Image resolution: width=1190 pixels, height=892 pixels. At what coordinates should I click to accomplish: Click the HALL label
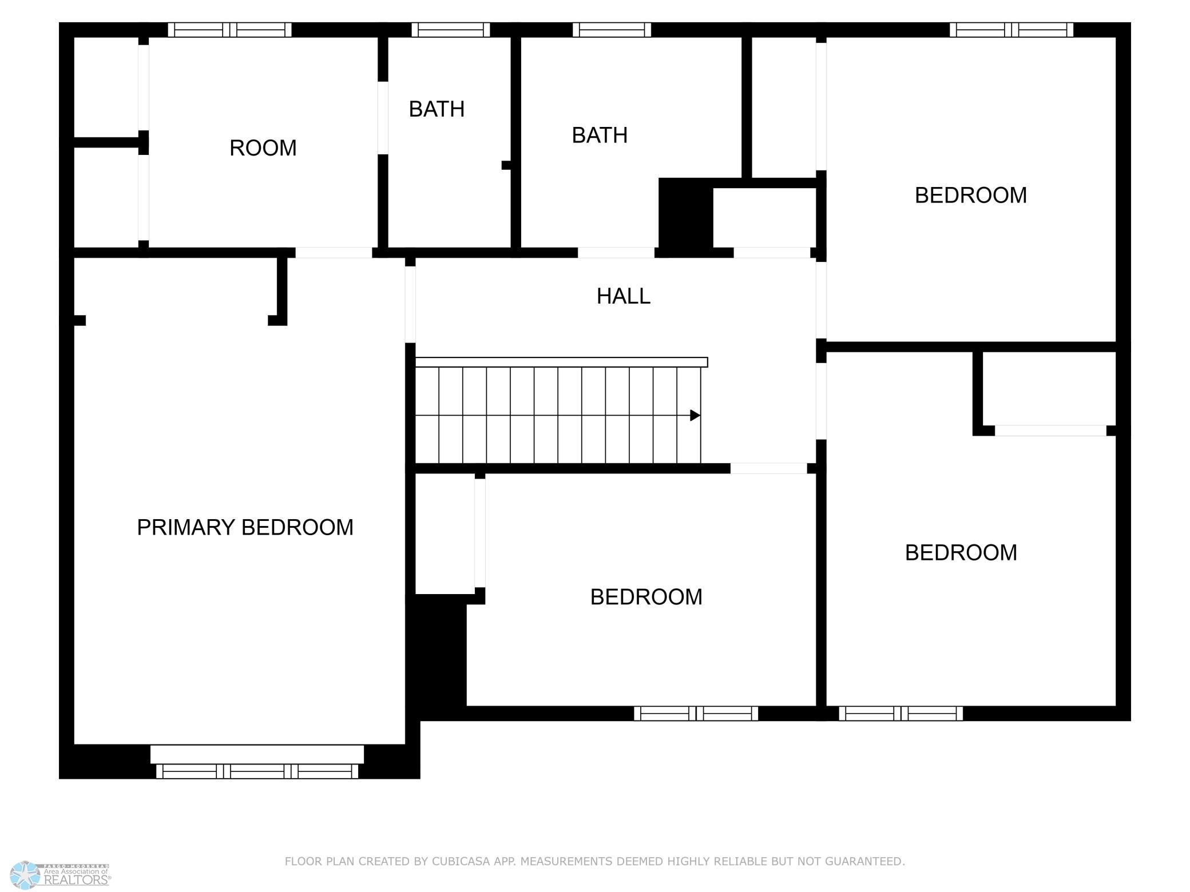click(x=623, y=296)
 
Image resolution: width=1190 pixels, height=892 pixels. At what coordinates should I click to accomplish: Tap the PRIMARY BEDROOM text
click(x=245, y=527)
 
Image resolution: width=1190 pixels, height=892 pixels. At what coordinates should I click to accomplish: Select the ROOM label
click(x=263, y=148)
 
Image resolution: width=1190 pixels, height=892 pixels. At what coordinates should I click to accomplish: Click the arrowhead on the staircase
click(x=695, y=415)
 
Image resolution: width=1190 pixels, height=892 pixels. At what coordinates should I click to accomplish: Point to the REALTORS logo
click(x=62, y=874)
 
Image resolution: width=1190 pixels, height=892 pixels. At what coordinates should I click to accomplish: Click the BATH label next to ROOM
click(x=437, y=109)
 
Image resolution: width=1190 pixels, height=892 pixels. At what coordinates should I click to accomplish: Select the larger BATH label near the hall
click(x=600, y=136)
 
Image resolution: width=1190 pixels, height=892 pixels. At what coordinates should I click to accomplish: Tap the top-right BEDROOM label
click(x=970, y=196)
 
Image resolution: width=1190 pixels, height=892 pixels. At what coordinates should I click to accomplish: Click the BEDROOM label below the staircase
click(x=646, y=597)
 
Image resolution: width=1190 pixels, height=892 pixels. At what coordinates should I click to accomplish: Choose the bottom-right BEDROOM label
click(x=961, y=552)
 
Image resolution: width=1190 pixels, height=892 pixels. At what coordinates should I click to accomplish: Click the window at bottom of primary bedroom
click(x=257, y=771)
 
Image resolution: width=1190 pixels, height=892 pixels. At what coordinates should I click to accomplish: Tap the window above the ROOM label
click(x=229, y=30)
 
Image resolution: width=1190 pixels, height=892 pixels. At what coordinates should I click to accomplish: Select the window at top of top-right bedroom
click(x=1011, y=30)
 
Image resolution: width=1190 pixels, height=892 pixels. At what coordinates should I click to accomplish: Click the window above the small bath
click(x=451, y=30)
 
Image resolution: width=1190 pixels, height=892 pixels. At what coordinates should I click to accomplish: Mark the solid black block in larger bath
click(x=686, y=213)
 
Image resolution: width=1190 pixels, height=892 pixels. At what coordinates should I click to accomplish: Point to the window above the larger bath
click(x=612, y=30)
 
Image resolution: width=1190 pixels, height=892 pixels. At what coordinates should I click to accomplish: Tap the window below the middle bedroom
click(x=696, y=714)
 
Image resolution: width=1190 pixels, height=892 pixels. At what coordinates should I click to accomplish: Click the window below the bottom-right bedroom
click(x=901, y=714)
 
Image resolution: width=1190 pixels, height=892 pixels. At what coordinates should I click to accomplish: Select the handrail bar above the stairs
click(x=561, y=362)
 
